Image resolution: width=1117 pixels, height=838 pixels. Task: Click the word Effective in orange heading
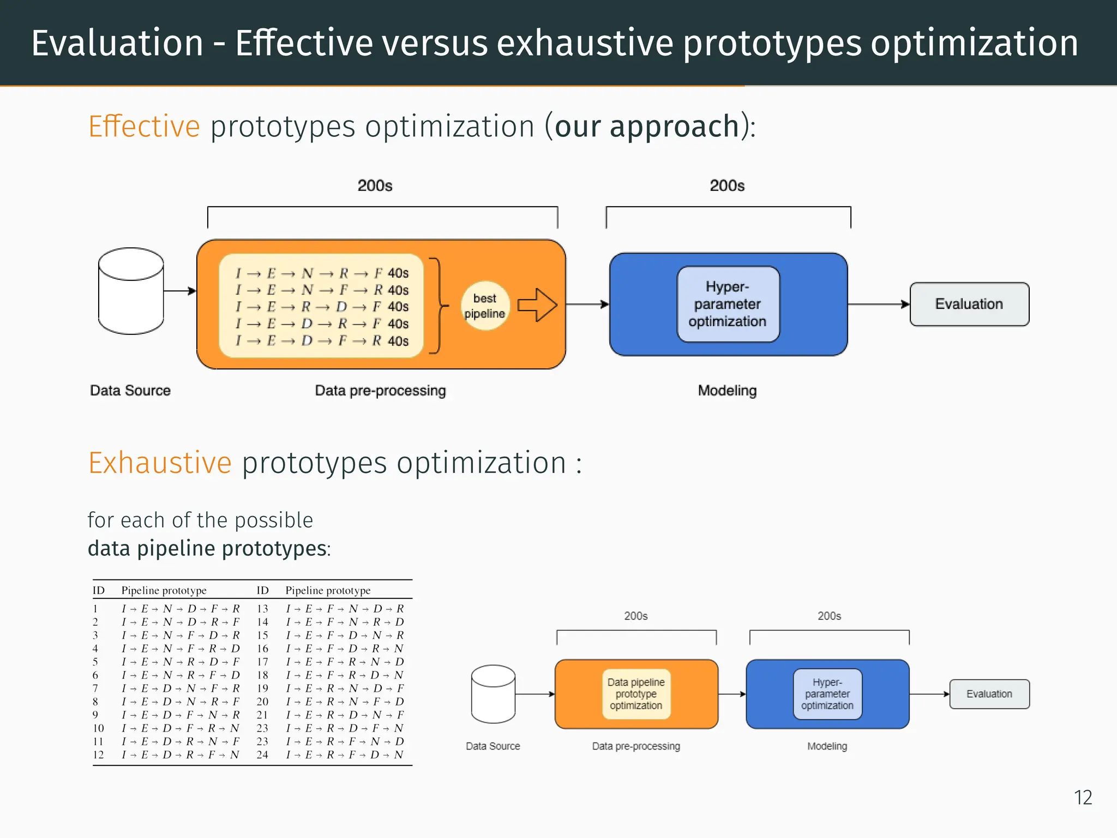coord(144,127)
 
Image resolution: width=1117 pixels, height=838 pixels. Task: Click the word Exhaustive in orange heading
coord(160,463)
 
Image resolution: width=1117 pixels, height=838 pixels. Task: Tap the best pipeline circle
coord(485,306)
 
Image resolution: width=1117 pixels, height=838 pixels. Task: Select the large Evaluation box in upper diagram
coord(969,304)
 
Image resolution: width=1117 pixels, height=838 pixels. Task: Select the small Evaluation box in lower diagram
coord(989,694)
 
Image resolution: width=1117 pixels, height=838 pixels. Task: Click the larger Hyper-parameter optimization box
coord(728,304)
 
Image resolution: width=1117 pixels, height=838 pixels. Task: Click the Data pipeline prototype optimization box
coord(636,694)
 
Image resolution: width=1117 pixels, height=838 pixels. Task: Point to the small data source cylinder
coord(493,694)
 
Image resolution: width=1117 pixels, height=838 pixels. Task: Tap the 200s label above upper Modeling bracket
coord(727,186)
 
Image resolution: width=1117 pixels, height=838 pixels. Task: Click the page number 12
coord(1083,798)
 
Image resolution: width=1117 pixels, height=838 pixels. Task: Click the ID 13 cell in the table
coord(262,609)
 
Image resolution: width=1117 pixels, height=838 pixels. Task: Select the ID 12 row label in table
coord(98,755)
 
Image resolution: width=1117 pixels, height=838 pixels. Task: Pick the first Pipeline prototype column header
coord(164,590)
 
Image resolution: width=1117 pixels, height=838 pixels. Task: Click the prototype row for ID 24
coord(345,755)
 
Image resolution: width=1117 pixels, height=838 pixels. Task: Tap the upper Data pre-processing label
coord(380,391)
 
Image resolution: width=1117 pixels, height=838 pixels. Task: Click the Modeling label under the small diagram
coord(827,746)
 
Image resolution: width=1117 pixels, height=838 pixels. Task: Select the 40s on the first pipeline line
coord(398,273)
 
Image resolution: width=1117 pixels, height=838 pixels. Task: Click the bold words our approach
coord(647,127)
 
